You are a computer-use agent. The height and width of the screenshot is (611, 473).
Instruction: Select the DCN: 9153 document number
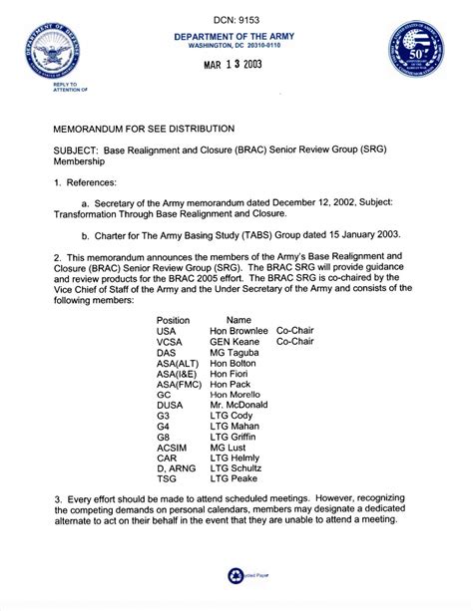(236, 19)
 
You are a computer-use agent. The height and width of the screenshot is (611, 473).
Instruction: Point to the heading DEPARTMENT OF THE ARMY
(236, 36)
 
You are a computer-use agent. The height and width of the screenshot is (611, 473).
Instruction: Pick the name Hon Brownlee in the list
(239, 330)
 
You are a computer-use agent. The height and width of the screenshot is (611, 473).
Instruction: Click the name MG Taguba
(235, 352)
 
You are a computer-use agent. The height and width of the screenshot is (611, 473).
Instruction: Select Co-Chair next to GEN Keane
(295, 341)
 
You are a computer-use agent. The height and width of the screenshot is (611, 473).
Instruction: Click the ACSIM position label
(173, 449)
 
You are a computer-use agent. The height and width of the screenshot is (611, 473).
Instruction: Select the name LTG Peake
(234, 481)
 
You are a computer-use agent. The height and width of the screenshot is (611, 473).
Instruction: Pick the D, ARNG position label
(177, 470)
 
